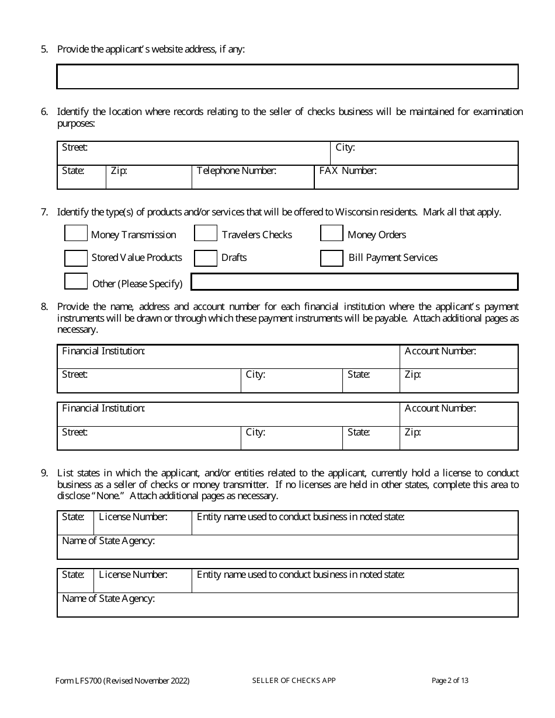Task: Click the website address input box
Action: (287, 76)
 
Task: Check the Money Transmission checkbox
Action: (75, 233)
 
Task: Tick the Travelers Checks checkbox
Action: (205, 233)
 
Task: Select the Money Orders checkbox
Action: (331, 233)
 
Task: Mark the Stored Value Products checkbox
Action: (75, 258)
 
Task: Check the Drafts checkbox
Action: (205, 258)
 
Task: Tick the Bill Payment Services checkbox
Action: (331, 258)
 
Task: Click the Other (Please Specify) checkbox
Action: (75, 281)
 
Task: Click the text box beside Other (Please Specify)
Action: (355, 282)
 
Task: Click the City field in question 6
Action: (424, 155)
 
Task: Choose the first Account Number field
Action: (459, 358)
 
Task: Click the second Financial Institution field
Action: (228, 416)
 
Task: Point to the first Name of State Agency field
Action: (287, 549)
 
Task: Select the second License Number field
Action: (143, 583)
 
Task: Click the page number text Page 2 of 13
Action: (450, 680)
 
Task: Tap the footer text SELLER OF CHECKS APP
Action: (294, 680)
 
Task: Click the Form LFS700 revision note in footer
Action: (123, 681)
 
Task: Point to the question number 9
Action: (44, 473)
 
